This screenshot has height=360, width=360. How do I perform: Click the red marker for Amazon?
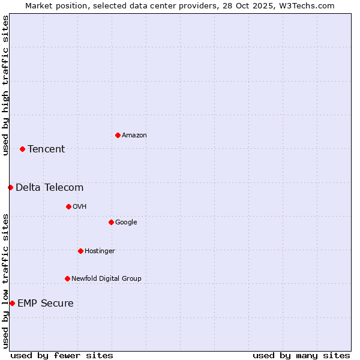[118, 135]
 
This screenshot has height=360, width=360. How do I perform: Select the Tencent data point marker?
[22, 149]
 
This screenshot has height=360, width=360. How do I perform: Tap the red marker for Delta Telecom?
[10, 187]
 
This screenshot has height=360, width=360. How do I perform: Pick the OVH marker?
[68, 206]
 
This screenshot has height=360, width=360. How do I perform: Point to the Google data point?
[111, 222]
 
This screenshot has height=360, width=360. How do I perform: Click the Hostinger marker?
[80, 251]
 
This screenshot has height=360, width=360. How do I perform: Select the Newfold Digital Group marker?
[67, 278]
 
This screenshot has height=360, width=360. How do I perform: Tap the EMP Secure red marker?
[12, 303]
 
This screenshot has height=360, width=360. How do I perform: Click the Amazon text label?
[134, 136]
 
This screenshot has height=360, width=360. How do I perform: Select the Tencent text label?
[46, 149]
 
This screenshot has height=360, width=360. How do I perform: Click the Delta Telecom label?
[50, 188]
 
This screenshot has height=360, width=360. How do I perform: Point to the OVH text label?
[80, 207]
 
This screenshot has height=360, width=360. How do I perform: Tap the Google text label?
[126, 223]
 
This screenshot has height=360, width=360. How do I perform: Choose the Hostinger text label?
[100, 251]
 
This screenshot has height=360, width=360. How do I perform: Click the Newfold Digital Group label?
[106, 279]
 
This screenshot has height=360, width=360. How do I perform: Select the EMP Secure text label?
[46, 304]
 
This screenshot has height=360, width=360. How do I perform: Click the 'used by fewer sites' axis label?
[62, 355]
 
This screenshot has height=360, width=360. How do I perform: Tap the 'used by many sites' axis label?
[301, 355]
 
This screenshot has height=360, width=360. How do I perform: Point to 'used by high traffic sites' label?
[5, 85]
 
